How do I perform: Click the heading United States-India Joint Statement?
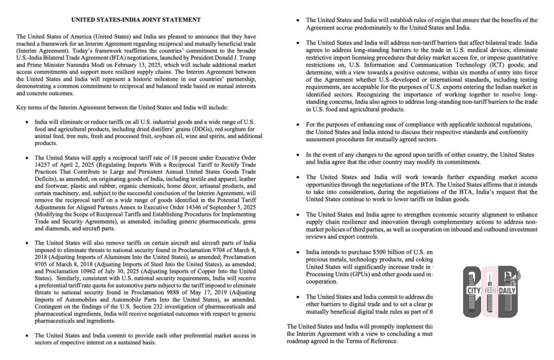click(x=136, y=19)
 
